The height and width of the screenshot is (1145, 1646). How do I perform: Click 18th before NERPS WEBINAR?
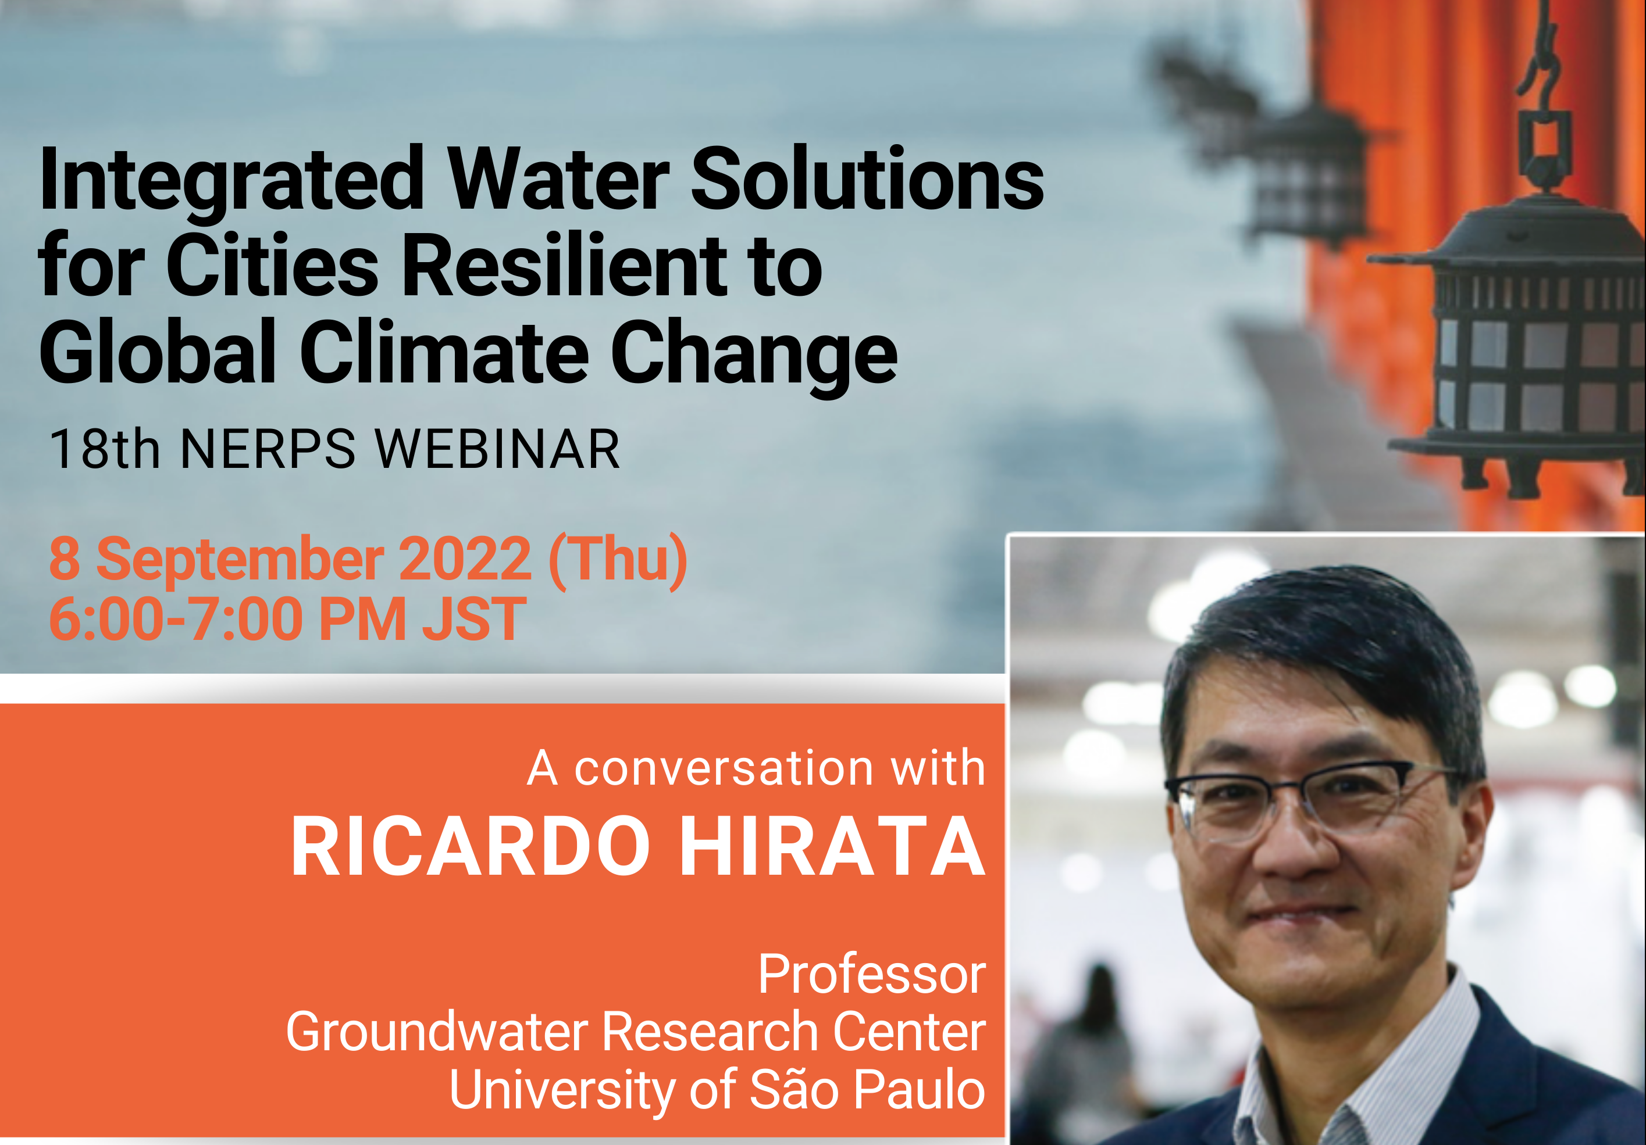105,449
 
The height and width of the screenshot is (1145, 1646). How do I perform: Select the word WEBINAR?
497,449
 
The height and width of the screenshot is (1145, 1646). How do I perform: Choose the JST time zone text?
474,619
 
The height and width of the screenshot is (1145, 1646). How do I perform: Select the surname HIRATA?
832,846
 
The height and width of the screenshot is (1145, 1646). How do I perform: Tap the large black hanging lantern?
1513,344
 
